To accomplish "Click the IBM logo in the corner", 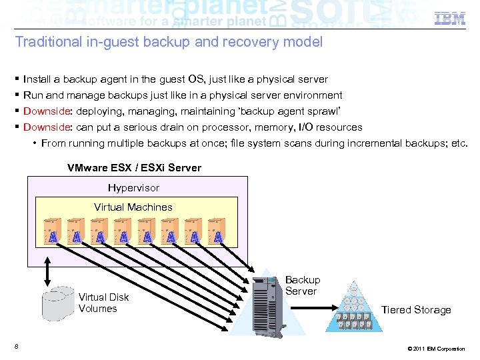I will pyautogui.click(x=450, y=19).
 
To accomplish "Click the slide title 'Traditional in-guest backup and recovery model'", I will pyautogui.click(x=169, y=43).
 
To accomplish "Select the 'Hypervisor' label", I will pyautogui.click(x=133, y=188).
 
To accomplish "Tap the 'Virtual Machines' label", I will pyautogui.click(x=133, y=207).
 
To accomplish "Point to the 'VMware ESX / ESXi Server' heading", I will pyautogui.click(x=134, y=168).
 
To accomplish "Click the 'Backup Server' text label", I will pyautogui.click(x=303, y=285).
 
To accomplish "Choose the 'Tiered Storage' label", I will pyautogui.click(x=416, y=310).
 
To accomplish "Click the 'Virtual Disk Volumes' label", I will pyautogui.click(x=103, y=303).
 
